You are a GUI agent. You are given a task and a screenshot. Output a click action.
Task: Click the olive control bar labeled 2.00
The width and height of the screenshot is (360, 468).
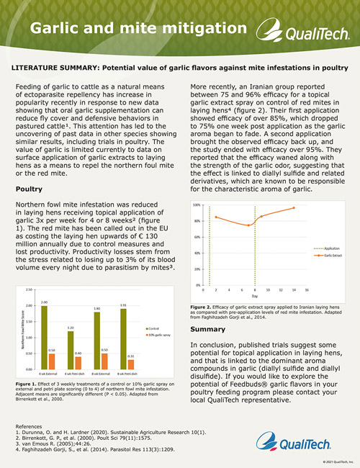[44, 336]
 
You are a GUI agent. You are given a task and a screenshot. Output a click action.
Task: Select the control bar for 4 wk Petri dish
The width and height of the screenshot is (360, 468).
[71, 348]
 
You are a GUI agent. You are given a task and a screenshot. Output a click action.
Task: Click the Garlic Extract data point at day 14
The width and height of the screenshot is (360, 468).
[294, 208]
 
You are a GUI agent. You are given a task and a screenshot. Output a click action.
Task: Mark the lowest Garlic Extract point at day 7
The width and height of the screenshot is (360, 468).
[249, 225]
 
